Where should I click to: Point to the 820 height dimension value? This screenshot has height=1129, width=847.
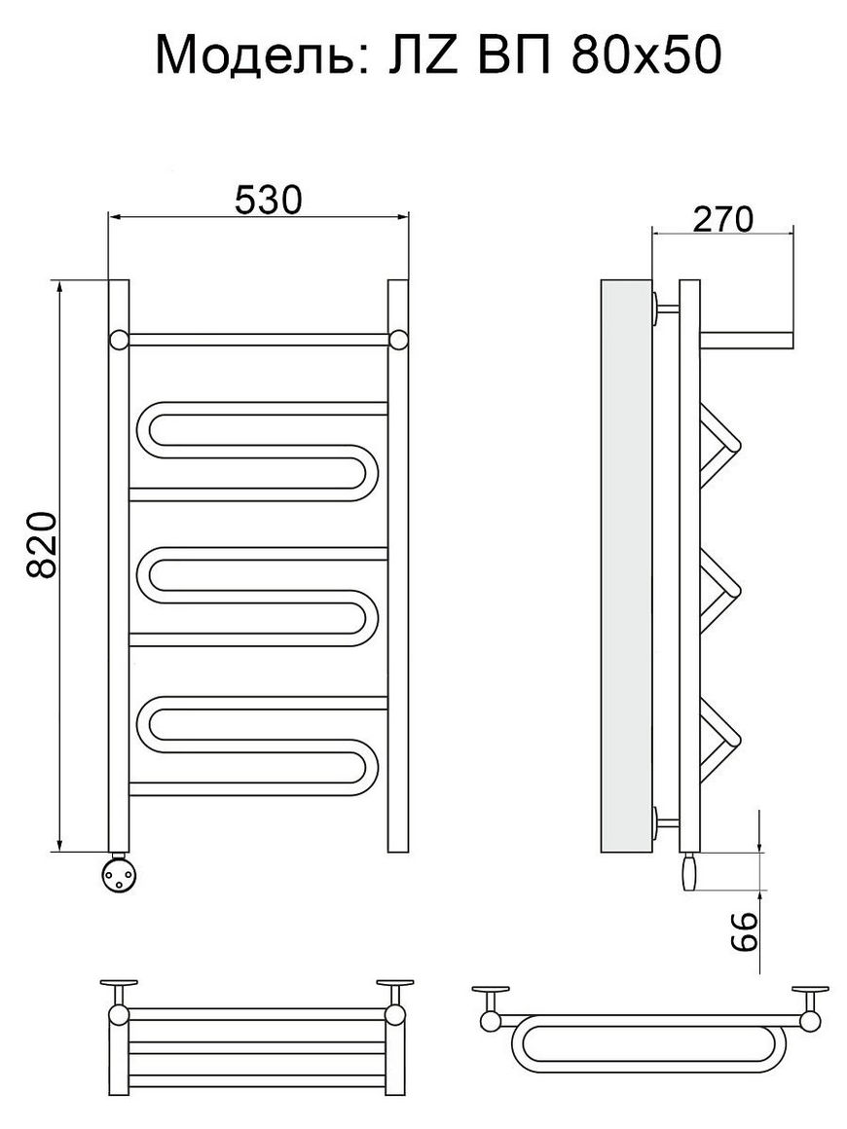point(43,545)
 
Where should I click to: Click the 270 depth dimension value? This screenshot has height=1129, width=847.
point(722,219)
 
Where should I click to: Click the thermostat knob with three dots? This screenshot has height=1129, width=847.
point(119,873)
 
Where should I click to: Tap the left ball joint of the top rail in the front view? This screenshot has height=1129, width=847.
point(119,340)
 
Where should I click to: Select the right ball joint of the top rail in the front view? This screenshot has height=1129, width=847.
point(397,340)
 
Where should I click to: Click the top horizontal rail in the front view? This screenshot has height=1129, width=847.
point(259,340)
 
